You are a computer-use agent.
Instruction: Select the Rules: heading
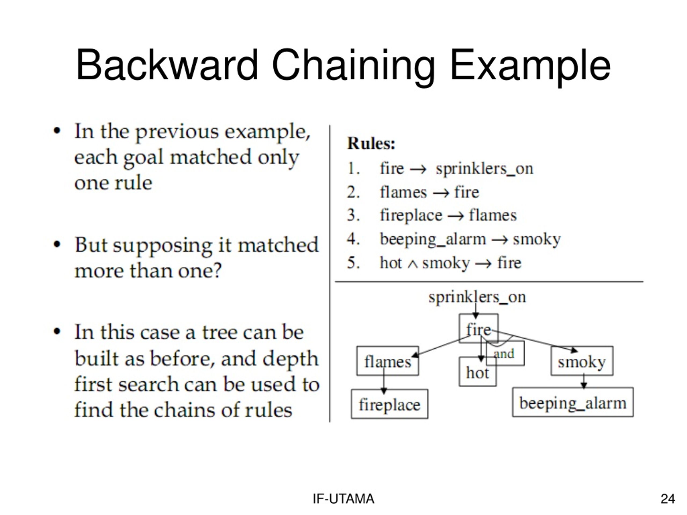(371, 144)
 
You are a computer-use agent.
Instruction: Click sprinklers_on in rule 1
(484, 169)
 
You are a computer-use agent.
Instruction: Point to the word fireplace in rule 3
(411, 215)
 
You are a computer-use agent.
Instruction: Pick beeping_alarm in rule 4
(433, 239)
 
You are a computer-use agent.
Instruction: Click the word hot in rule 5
(391, 263)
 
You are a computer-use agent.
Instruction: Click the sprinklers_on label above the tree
(477, 297)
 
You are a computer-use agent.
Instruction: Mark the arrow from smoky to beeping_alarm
(584, 381)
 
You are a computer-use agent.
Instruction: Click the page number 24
(668, 499)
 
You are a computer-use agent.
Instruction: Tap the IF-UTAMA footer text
(343, 499)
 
